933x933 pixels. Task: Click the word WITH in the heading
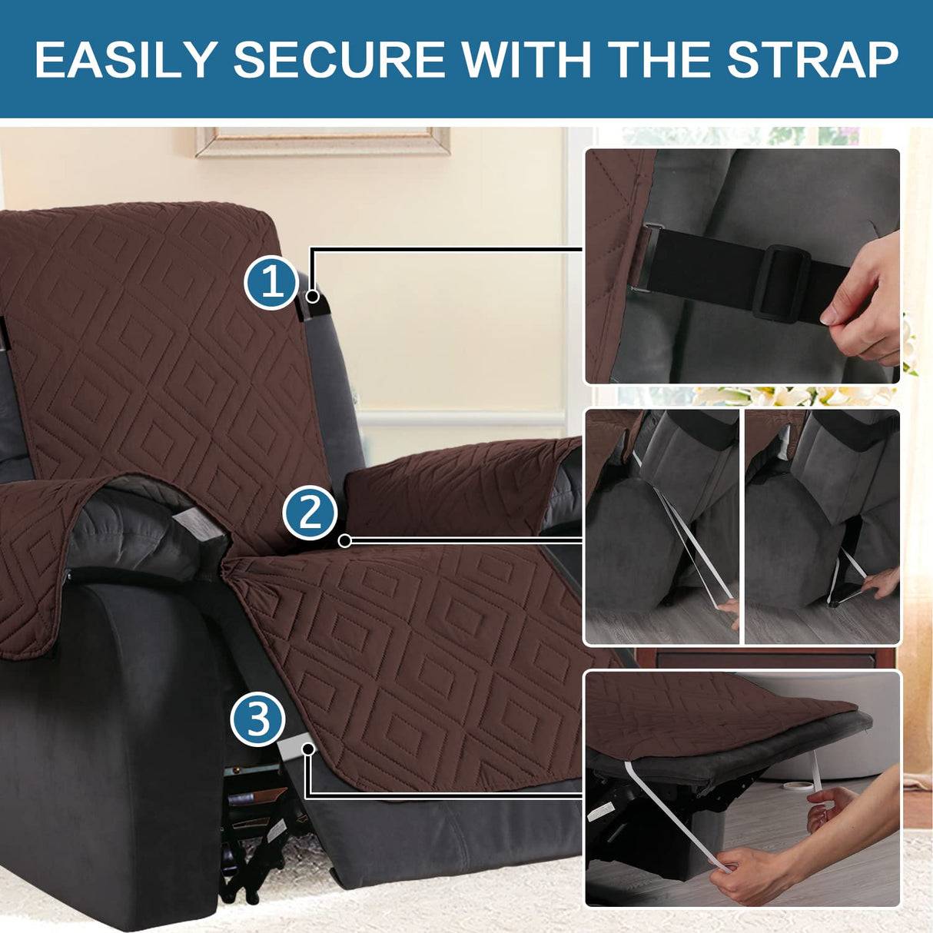pos(527,59)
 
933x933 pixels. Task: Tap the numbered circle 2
pos(310,513)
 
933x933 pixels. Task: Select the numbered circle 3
pos(257,720)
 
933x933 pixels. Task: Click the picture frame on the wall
pos(323,141)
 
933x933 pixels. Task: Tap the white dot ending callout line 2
pos(345,541)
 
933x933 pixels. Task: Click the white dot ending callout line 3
pos(309,748)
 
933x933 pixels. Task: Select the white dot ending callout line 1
pos(313,296)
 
